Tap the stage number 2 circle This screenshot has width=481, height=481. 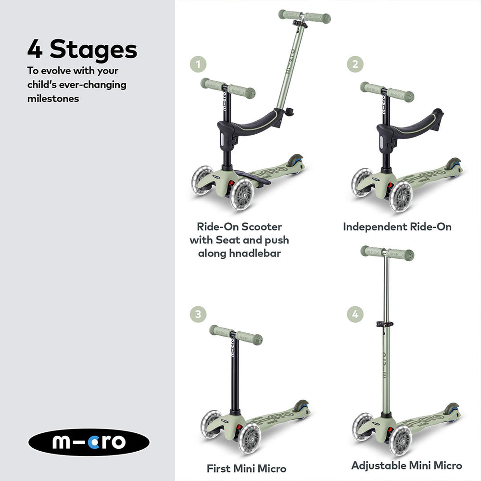pyautogui.click(x=355, y=64)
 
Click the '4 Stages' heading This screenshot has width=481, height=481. pyautogui.click(x=82, y=50)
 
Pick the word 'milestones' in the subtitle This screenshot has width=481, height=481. pyautogui.click(x=53, y=99)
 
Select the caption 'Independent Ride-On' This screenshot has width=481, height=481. pyautogui.click(x=397, y=227)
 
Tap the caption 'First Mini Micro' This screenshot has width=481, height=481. pyautogui.click(x=246, y=468)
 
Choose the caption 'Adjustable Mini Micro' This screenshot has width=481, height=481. pyautogui.click(x=406, y=465)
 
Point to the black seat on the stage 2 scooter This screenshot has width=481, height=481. pyautogui.click(x=409, y=126)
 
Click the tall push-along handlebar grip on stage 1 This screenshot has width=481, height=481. pyautogui.click(x=304, y=16)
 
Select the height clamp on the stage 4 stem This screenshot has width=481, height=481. pyautogui.click(x=382, y=325)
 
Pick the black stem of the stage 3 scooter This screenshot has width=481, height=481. pyautogui.click(x=235, y=375)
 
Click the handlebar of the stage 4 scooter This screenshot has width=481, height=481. pyautogui.click(x=387, y=252)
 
